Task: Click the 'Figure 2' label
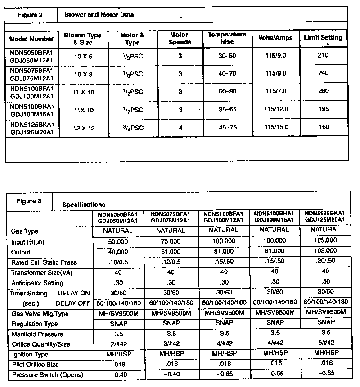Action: [x=31, y=15]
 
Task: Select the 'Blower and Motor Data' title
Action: [x=99, y=15]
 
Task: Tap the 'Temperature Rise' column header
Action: [x=227, y=38]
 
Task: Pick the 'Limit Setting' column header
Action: [x=323, y=38]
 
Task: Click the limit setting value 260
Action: [x=324, y=91]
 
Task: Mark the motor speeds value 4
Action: [x=180, y=128]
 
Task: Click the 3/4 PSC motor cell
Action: [x=132, y=128]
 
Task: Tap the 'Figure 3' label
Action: [x=29, y=201]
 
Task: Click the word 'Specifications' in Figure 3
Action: [x=84, y=205]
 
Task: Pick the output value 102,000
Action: [x=324, y=251]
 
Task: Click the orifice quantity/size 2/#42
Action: [x=118, y=343]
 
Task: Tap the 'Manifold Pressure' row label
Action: [x=37, y=334]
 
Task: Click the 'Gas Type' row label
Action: [x=25, y=231]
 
